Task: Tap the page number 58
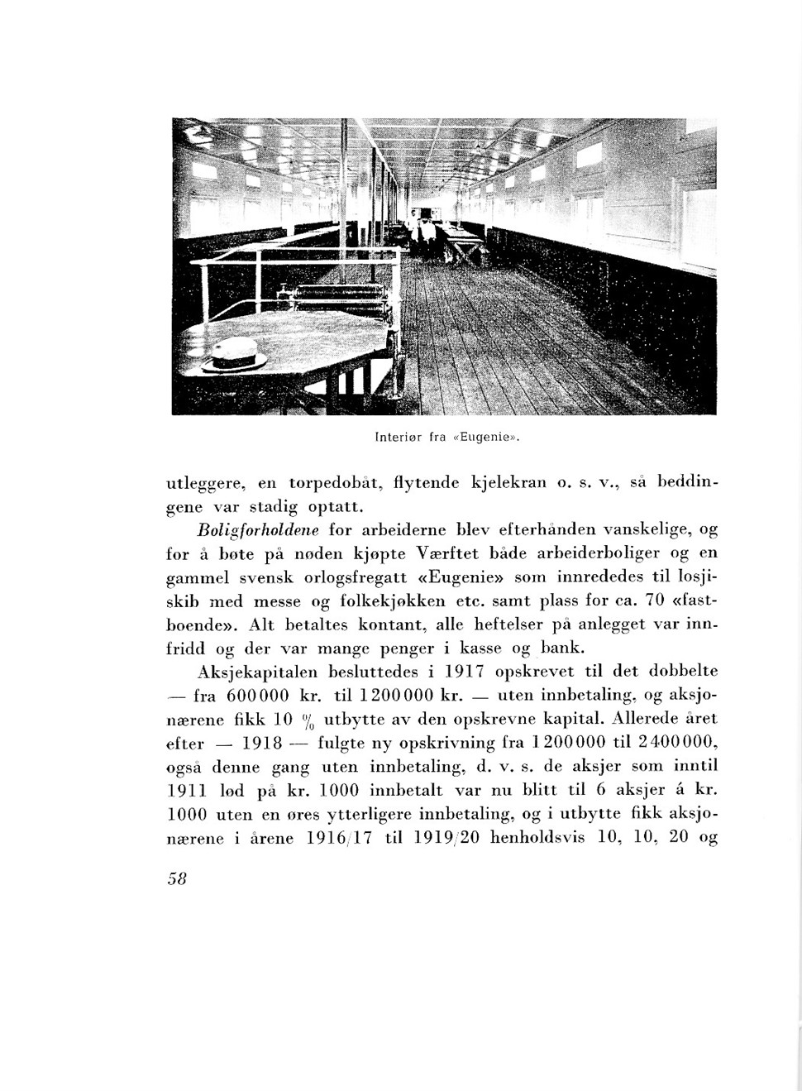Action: (x=177, y=878)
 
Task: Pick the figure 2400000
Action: (x=675, y=742)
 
